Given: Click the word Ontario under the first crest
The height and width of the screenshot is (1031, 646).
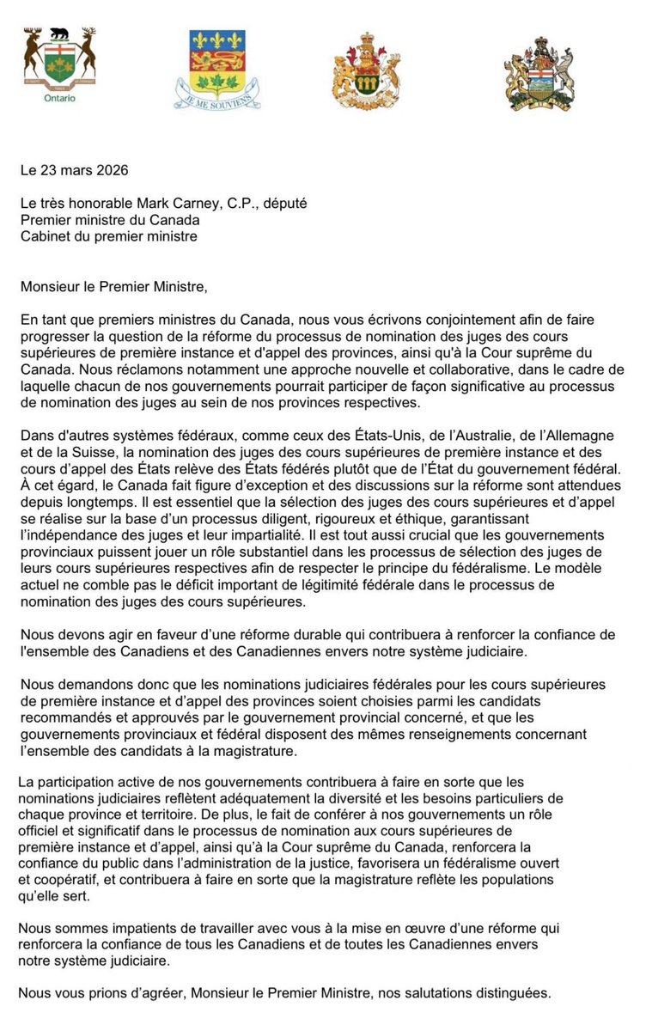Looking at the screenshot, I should [x=58, y=98].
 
